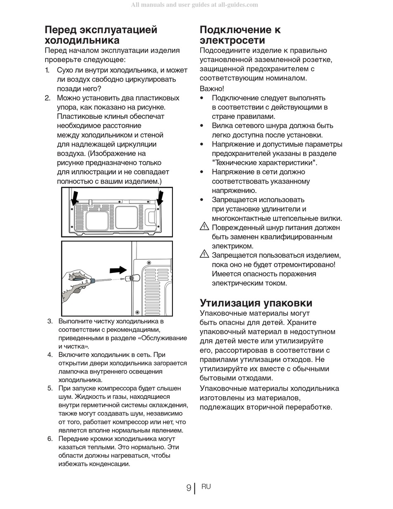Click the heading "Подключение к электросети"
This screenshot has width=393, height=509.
point(240,35)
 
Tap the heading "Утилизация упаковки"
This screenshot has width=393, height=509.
point(256,303)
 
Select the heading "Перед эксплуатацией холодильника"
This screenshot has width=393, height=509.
point(101,35)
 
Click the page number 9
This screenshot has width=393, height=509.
point(189,488)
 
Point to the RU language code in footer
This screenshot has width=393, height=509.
point(206,487)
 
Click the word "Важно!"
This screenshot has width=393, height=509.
point(212,89)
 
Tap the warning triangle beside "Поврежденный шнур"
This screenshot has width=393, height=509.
point(204,227)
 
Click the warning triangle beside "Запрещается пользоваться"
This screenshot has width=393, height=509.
point(204,254)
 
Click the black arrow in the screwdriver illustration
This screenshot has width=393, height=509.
point(118,270)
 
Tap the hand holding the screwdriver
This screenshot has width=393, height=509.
point(74,282)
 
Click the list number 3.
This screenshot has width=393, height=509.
point(50,321)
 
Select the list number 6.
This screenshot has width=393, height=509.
point(50,439)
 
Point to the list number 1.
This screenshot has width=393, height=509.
point(48,70)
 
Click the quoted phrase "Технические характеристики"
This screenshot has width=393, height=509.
point(264,162)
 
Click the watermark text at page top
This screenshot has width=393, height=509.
point(194,5)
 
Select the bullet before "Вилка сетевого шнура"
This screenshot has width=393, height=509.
point(202,125)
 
